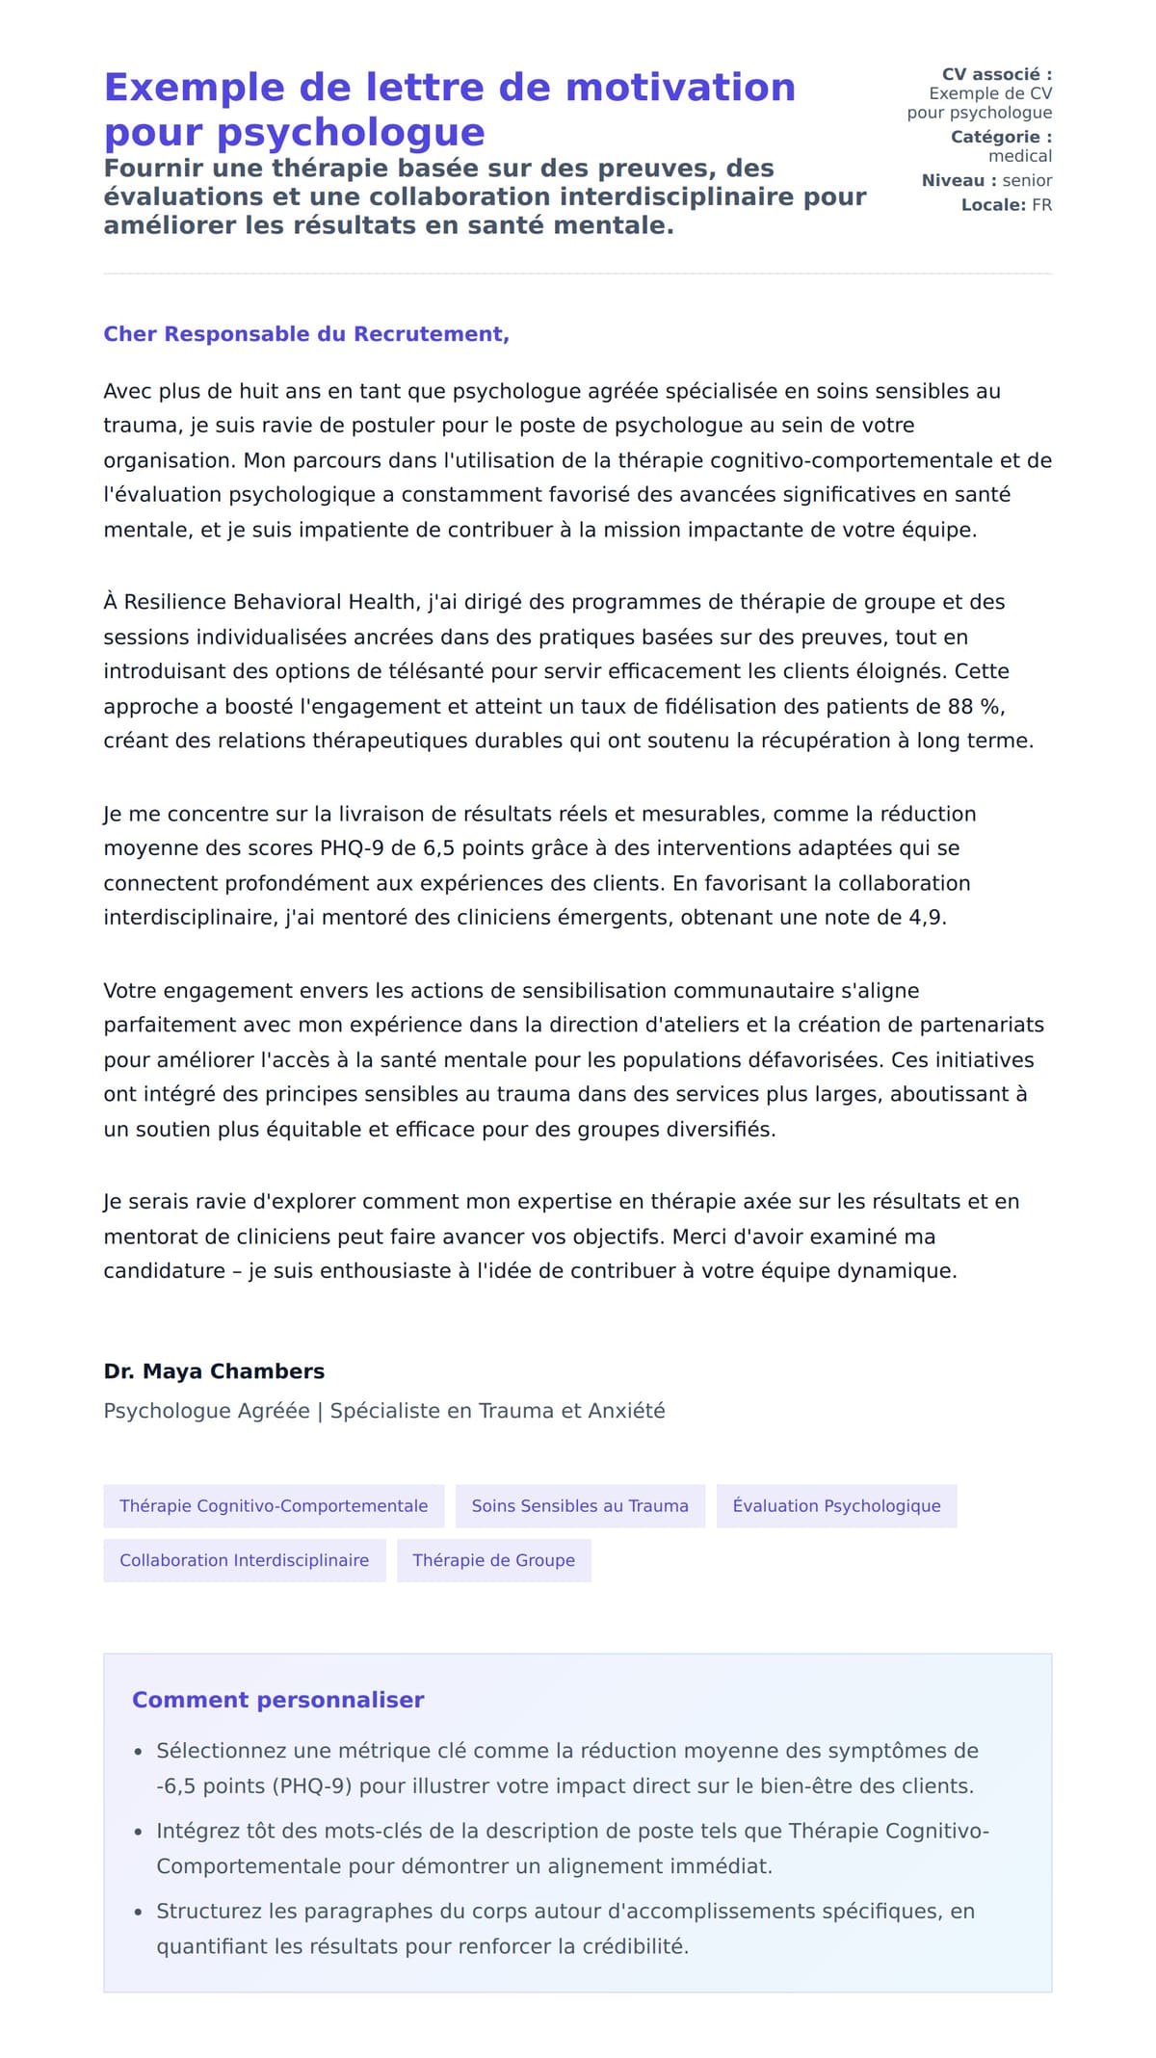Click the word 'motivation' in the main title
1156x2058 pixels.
(680, 88)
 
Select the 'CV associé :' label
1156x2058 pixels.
(996, 74)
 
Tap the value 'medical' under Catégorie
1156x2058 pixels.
(1019, 156)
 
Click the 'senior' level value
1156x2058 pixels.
(1027, 180)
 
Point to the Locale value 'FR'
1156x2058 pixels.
(1041, 205)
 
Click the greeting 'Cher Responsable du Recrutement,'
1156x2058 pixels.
(306, 334)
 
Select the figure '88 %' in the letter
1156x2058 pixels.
(976, 707)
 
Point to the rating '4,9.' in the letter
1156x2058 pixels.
(928, 918)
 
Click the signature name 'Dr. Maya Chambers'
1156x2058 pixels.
(214, 1371)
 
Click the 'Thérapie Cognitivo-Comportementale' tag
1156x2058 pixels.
(274, 1506)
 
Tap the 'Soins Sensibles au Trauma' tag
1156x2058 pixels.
(580, 1506)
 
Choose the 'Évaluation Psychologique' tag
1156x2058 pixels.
(836, 1506)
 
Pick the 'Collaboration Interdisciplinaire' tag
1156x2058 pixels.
(244, 1560)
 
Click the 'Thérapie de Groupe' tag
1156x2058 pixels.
(493, 1560)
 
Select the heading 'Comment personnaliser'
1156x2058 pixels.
(277, 1700)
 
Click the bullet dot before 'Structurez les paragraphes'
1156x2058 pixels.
(139, 1913)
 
